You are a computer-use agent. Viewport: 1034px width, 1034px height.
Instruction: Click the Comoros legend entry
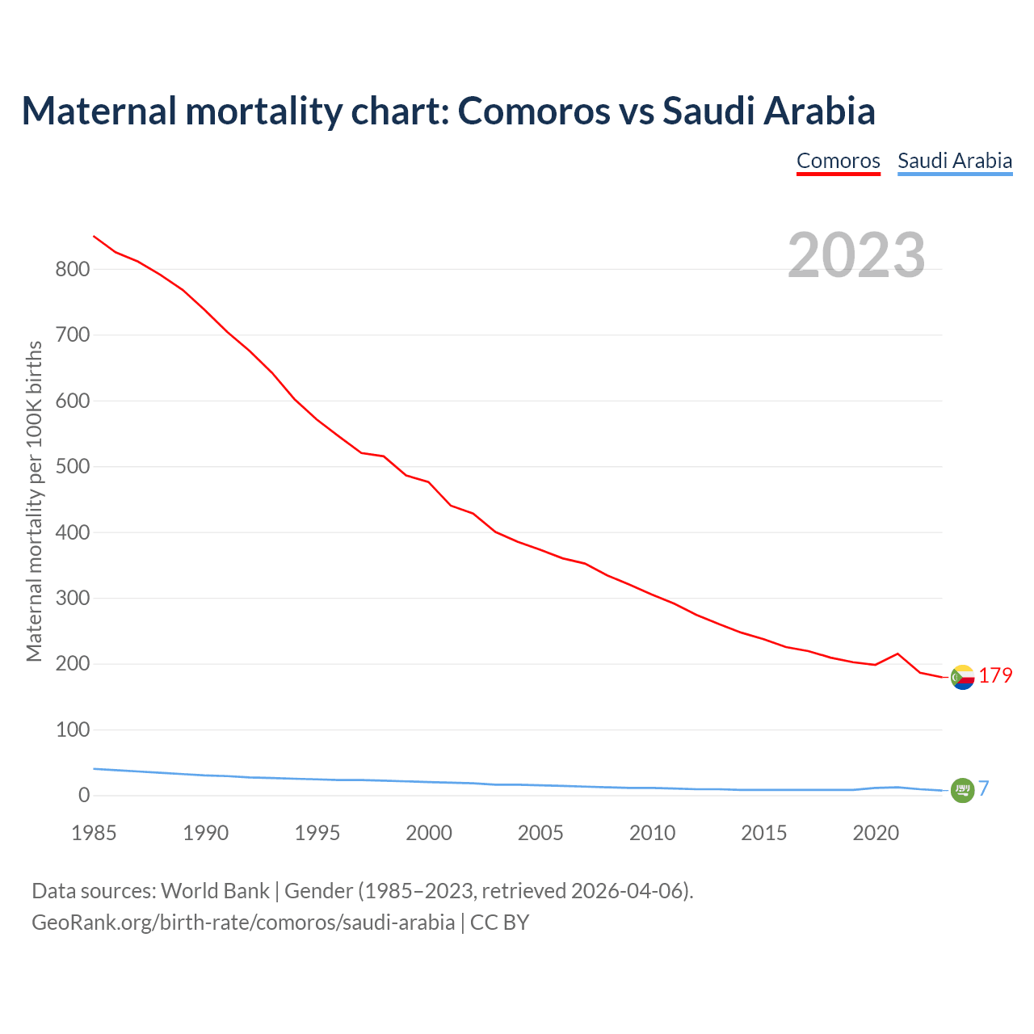click(x=838, y=161)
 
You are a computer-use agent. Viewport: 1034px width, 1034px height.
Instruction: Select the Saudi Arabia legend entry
click(x=955, y=161)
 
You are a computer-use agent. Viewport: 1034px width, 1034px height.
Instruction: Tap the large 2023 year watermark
click(x=856, y=254)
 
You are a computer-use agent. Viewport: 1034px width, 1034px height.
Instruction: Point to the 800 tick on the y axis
click(x=72, y=270)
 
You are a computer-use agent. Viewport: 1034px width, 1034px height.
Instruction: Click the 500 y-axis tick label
click(x=72, y=467)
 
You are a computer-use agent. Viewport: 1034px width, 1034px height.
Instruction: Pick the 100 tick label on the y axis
click(x=72, y=730)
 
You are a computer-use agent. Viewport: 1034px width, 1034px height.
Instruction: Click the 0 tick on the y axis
click(x=84, y=796)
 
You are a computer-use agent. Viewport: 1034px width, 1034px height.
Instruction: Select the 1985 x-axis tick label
click(x=94, y=833)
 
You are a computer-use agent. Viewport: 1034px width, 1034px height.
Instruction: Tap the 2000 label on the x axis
click(x=429, y=833)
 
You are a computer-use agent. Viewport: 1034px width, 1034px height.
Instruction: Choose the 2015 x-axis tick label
click(x=763, y=833)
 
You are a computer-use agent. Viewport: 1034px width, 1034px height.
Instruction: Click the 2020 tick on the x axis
click(x=876, y=833)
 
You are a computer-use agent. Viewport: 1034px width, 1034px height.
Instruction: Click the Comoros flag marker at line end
click(x=962, y=677)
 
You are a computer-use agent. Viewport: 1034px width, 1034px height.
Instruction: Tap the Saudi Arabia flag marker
click(x=962, y=790)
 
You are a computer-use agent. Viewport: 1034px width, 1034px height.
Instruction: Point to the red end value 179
click(x=995, y=675)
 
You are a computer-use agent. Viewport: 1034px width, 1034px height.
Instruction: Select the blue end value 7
click(x=984, y=788)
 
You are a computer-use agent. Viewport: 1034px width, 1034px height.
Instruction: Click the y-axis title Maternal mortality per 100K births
click(x=34, y=501)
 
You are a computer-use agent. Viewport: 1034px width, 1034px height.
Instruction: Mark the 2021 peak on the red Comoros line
click(x=897, y=654)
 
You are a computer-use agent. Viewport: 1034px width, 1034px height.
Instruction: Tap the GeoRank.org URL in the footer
click(x=242, y=922)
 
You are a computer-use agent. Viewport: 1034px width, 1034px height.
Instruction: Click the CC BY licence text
click(x=499, y=922)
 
